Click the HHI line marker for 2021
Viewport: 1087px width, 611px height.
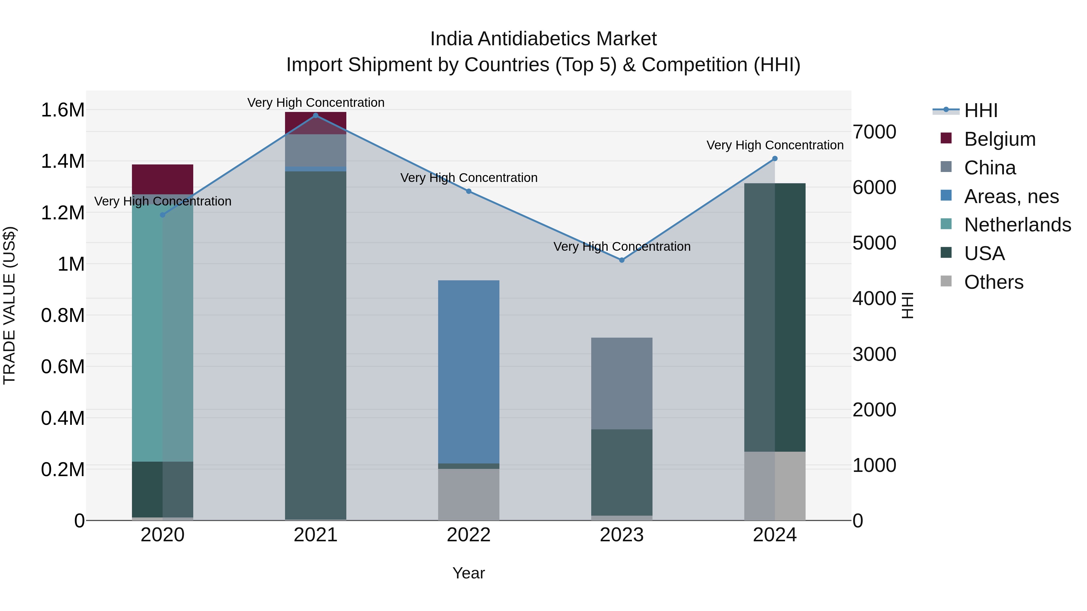315,116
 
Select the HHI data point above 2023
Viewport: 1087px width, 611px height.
622,260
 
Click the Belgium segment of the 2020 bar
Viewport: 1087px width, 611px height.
162,179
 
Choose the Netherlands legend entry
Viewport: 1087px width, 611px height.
1017,225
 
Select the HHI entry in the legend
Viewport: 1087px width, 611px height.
981,110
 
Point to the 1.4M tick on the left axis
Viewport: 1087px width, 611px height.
63,161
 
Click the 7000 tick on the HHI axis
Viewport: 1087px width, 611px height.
874,132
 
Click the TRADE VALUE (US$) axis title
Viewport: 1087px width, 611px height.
9,305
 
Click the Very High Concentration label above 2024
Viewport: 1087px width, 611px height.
775,145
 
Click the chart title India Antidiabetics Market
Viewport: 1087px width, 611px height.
543,39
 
